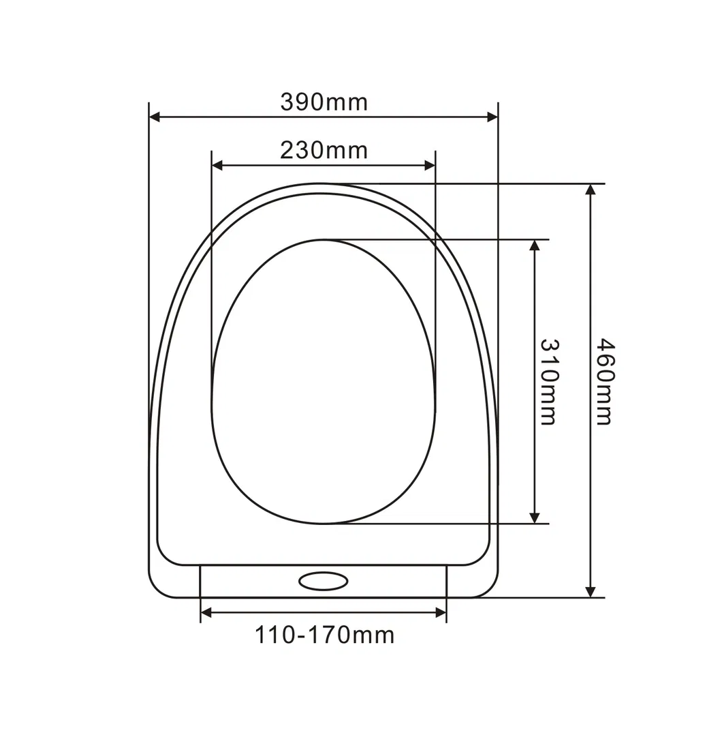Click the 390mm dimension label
point(324,102)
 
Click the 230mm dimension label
point(324,150)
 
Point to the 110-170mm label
point(324,635)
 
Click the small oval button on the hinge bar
point(324,581)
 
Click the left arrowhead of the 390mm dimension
point(155,117)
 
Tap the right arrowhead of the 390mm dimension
point(493,117)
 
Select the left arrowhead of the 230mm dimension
point(217,165)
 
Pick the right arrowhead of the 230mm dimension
point(430,165)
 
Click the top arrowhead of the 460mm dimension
point(591,190)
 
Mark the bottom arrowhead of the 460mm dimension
point(591,591)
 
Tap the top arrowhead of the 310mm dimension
point(535,245)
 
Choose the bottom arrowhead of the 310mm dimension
point(535,517)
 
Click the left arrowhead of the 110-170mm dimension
point(206,613)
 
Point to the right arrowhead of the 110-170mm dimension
point(441,613)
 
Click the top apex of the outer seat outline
point(324,184)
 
